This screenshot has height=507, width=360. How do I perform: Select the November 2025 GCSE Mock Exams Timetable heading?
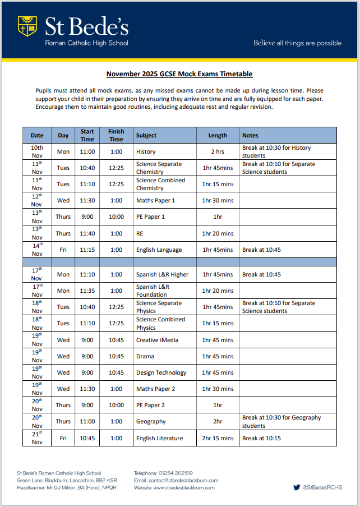point(179,74)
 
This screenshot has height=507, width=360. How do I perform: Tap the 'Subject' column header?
point(146,135)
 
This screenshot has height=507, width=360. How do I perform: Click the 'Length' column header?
point(218,135)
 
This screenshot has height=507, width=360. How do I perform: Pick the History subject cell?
point(146,151)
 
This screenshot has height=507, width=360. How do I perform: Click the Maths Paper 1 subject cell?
point(155,200)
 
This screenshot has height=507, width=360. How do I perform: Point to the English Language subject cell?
point(159,250)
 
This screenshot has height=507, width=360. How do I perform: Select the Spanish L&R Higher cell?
point(162,274)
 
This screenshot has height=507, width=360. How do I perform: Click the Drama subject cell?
point(145,356)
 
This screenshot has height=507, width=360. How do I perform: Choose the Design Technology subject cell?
point(161,372)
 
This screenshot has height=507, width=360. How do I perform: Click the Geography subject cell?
point(151,421)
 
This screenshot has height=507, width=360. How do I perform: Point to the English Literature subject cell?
point(159,438)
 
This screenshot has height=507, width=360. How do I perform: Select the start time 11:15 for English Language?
point(87,250)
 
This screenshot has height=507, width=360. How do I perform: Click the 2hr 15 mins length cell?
point(218,438)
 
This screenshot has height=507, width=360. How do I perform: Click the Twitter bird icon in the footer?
point(297,487)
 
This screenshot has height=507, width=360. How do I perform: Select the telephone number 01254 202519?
point(177,473)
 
